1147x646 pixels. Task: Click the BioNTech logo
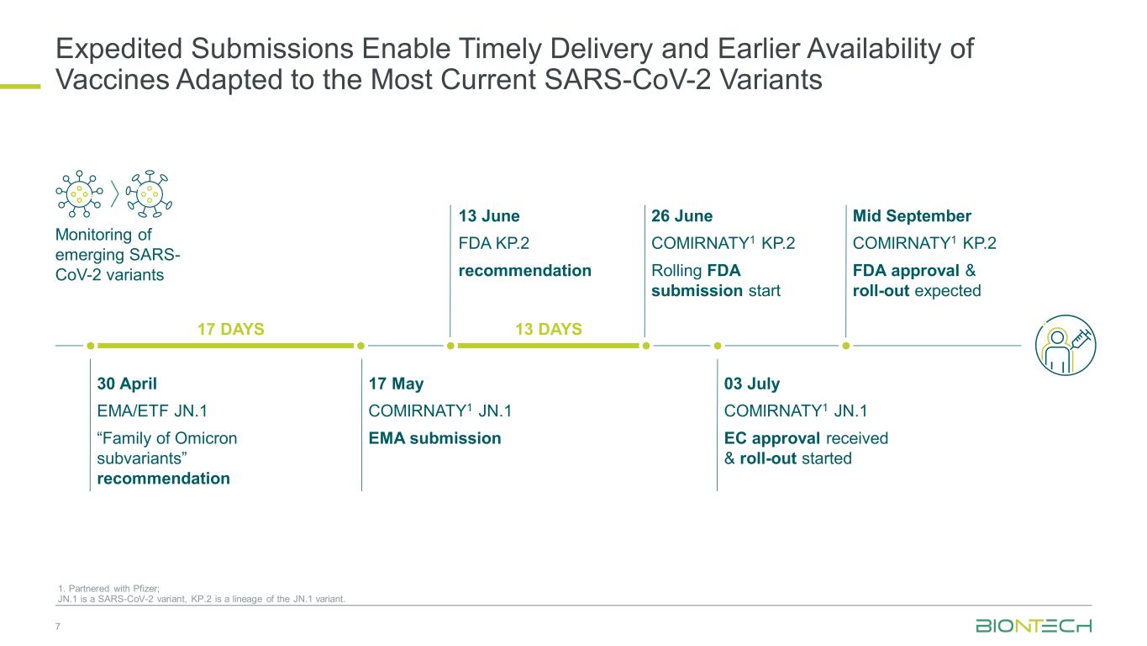click(1034, 626)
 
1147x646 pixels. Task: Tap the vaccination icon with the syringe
click(1065, 345)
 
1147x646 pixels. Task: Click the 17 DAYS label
click(231, 329)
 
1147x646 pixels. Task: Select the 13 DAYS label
click(549, 329)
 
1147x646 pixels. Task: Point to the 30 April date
click(127, 384)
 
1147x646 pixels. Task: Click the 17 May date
click(396, 384)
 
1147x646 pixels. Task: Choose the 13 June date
click(489, 216)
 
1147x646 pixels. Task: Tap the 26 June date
click(681, 216)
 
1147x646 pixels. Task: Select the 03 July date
click(752, 384)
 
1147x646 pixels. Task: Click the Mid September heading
click(912, 216)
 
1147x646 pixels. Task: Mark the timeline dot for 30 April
click(91, 346)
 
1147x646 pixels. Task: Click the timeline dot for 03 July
click(718, 346)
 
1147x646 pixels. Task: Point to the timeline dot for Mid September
click(846, 346)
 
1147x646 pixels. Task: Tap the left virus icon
click(79, 193)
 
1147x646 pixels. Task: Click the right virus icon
click(149, 193)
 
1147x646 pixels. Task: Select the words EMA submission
click(434, 438)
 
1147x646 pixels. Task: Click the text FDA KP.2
click(493, 243)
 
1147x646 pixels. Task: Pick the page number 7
click(58, 627)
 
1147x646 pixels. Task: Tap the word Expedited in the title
click(118, 50)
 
